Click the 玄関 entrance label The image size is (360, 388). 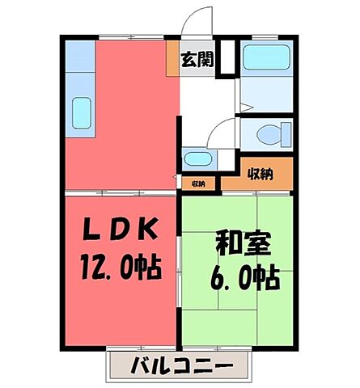(x=197, y=61)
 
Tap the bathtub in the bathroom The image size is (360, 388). (x=266, y=56)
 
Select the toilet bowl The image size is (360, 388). (x=266, y=134)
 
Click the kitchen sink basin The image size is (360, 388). (x=83, y=113)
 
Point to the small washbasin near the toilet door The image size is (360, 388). (x=195, y=159)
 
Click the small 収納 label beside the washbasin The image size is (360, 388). (x=199, y=184)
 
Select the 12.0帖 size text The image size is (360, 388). (x=118, y=264)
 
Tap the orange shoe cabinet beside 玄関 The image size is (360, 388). (x=173, y=59)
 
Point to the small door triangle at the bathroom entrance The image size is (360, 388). (x=247, y=104)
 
